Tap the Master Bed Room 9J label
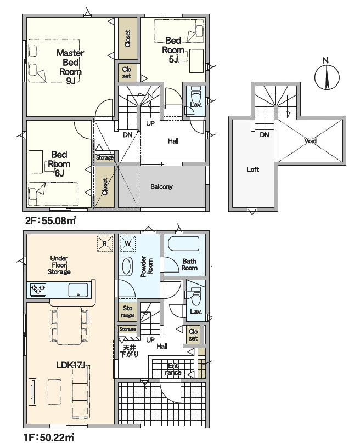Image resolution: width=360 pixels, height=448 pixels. [70, 67]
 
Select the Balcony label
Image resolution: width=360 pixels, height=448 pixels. [161, 186]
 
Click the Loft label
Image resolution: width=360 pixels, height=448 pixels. [253, 169]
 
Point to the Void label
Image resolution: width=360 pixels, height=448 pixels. [310, 141]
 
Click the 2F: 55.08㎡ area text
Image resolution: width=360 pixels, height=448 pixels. [50, 220]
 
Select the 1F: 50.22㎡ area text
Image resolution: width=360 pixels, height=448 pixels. [50, 438]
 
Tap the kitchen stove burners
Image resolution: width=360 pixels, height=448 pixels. [38, 289]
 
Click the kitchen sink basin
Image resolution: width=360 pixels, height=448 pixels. [78, 290]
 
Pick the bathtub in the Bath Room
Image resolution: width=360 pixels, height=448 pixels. [184, 243]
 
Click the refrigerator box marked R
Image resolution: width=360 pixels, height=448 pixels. [105, 243]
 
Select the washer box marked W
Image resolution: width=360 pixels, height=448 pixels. [127, 243]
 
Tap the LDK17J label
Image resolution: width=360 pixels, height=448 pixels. [71, 365]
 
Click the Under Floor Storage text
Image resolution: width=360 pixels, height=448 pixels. [59, 265]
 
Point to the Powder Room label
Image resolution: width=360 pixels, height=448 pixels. [147, 266]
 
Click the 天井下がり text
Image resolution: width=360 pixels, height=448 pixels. [130, 351]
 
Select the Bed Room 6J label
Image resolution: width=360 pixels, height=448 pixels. [59, 164]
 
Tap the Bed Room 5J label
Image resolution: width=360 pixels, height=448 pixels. [173, 50]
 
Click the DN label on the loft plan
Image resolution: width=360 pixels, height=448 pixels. [265, 134]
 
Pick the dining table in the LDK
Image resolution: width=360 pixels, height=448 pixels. [69, 325]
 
